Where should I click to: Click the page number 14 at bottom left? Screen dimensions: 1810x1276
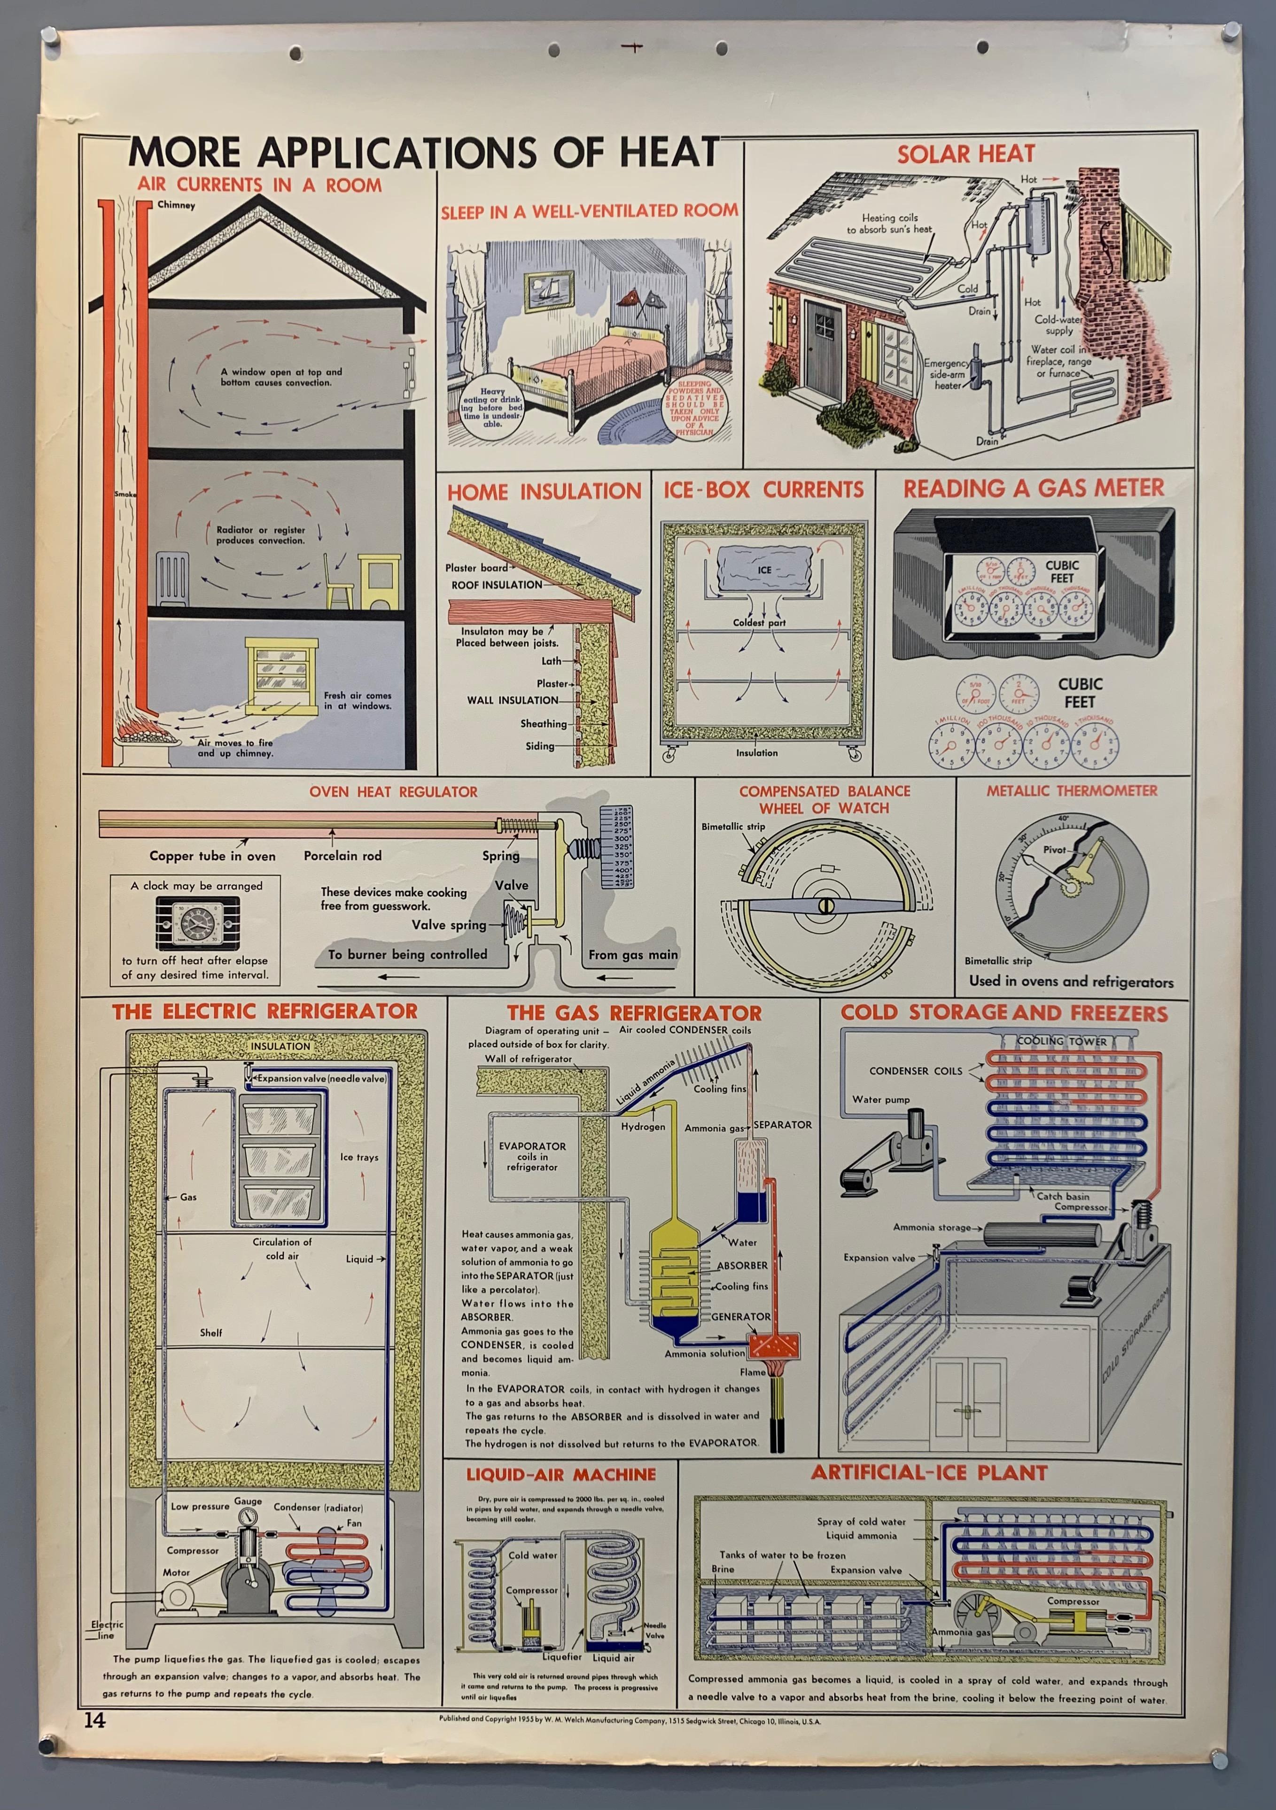click(94, 1720)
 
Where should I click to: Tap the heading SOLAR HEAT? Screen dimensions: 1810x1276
click(965, 154)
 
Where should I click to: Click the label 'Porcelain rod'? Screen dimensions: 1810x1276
click(342, 855)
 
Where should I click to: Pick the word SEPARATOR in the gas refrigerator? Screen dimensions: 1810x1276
click(782, 1124)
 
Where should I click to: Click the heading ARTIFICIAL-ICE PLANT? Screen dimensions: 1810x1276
click(929, 1473)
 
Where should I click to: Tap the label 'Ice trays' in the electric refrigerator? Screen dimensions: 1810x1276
click(359, 1157)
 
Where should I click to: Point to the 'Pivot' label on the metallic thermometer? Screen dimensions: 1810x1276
click(1054, 850)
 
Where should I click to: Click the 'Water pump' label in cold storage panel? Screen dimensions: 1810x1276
click(880, 1099)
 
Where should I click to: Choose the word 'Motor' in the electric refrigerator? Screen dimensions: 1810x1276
click(176, 1572)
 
